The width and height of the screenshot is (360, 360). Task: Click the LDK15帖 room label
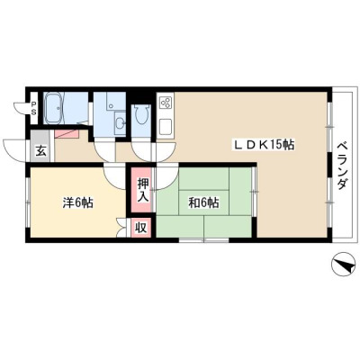(264, 145)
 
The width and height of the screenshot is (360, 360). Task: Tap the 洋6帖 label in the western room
(77, 203)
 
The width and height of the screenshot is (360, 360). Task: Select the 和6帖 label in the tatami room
(203, 203)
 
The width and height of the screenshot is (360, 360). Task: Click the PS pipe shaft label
(34, 109)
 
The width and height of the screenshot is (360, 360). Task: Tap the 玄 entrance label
(41, 151)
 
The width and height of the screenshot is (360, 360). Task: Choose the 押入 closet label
(143, 190)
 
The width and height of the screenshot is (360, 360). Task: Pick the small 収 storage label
(140, 228)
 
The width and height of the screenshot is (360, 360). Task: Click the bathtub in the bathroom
(55, 108)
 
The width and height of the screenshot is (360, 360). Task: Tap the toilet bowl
(141, 114)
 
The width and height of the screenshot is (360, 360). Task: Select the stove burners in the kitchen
(166, 103)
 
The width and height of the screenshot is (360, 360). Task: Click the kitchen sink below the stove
(166, 127)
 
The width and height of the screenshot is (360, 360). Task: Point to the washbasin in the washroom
(121, 123)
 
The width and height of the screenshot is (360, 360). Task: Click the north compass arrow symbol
(342, 264)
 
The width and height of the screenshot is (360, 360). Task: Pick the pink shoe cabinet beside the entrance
(67, 134)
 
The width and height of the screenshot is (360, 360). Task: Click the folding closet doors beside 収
(121, 228)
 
